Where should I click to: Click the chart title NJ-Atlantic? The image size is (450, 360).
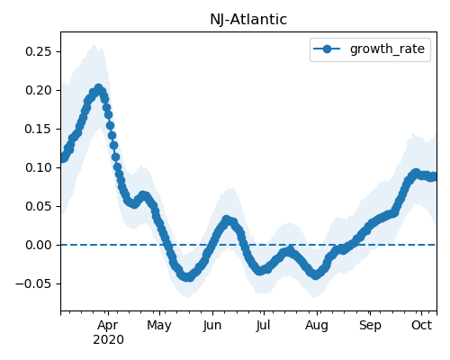(248, 20)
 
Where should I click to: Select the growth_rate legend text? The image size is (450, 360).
(387, 49)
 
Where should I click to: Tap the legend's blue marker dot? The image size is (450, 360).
(327, 49)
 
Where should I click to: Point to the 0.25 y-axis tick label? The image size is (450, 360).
(39, 51)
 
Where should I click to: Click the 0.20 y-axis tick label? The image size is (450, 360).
(39, 90)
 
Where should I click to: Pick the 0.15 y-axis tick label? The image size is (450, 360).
(39, 129)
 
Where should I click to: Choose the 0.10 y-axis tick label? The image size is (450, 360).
(39, 167)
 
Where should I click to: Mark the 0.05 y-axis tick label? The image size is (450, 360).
(39, 206)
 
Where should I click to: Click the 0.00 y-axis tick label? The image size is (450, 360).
(39, 245)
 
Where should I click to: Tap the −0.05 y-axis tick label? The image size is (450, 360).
(34, 283)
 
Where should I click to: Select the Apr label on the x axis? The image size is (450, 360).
(108, 326)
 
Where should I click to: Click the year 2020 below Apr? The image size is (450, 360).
(108, 340)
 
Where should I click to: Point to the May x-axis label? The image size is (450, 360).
(159, 326)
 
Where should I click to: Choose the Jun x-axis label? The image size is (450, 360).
(212, 326)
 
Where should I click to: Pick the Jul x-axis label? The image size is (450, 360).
(263, 326)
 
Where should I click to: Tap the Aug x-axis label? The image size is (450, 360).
(317, 326)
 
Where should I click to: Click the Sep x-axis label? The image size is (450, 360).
(370, 326)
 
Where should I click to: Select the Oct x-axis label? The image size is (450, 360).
(421, 325)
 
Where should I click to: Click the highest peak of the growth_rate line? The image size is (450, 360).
(98, 88)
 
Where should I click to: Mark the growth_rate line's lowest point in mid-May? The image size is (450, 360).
(187, 277)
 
